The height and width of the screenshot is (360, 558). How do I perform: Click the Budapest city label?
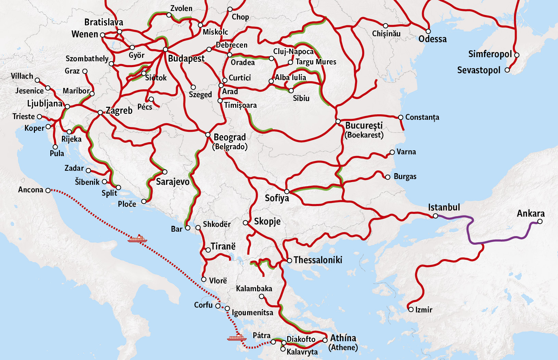186,59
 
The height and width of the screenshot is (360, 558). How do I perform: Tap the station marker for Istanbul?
435,216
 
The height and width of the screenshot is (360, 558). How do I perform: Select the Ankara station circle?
540,221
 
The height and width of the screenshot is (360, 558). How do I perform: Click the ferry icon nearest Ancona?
137,239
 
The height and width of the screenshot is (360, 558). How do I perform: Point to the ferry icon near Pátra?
237,338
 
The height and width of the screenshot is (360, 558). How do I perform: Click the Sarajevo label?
173,181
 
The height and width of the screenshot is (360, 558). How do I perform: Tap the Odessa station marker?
428,31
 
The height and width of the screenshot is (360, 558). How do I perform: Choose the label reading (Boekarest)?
364,135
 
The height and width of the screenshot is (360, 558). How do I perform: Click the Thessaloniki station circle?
289,260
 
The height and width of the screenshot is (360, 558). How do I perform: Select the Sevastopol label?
479,70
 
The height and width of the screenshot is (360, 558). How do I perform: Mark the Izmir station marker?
411,309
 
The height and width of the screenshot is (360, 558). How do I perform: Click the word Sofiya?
277,198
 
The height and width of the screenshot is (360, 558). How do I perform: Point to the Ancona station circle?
48,190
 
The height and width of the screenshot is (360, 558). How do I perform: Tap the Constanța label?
422,117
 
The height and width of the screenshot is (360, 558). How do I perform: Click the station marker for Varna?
392,152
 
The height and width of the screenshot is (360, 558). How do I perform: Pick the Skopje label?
267,221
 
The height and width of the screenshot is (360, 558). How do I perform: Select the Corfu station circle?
218,306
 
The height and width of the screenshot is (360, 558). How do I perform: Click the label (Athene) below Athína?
343,347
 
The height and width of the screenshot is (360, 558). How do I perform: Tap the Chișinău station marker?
385,26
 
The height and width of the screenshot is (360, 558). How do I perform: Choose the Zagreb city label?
119,111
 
